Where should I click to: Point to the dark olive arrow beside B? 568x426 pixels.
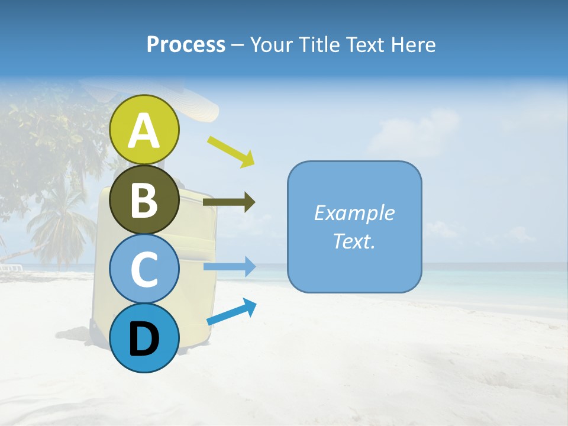(x=229, y=202)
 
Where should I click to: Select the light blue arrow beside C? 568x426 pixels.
(x=230, y=267)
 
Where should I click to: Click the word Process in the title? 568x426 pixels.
(x=186, y=44)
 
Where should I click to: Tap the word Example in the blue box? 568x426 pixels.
(x=354, y=213)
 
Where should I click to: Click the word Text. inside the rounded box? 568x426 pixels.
(x=354, y=241)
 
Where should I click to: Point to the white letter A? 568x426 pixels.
(x=144, y=131)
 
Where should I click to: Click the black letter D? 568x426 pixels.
(x=144, y=339)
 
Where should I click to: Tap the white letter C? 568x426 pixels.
(x=144, y=270)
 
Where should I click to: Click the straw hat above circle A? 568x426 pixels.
(x=195, y=106)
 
